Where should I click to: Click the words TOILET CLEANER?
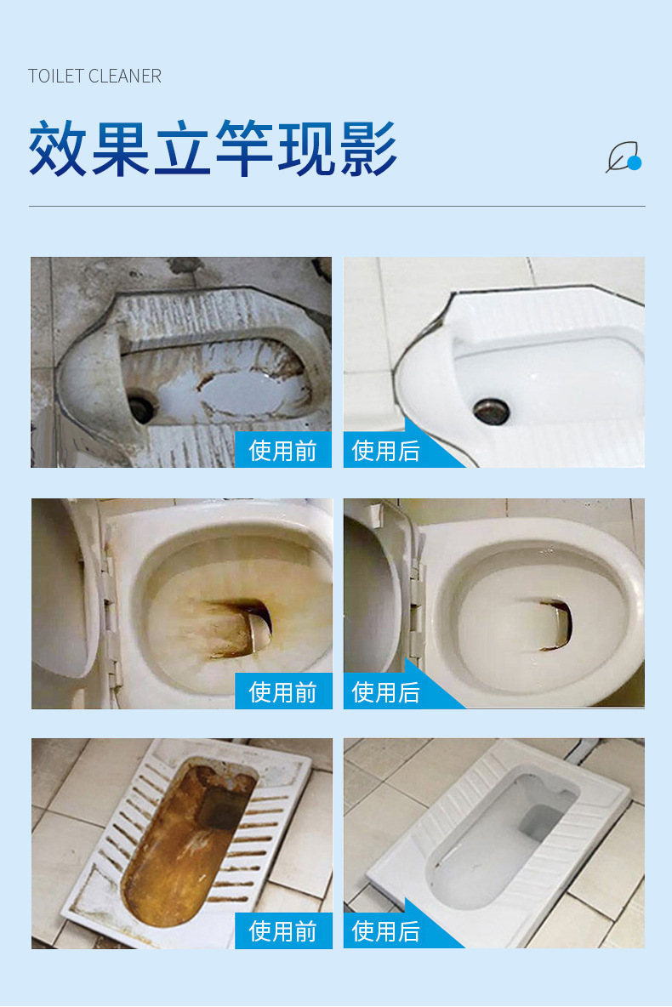point(94,77)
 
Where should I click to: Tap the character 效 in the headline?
point(60,150)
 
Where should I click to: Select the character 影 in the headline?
point(367,150)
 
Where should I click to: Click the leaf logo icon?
point(622,157)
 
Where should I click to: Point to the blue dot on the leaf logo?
point(634,162)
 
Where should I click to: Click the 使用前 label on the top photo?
point(282,450)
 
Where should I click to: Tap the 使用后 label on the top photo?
point(385,450)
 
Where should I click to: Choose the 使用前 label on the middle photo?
point(282,691)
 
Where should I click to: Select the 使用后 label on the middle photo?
point(385,691)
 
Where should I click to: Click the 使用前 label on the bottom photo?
point(282,930)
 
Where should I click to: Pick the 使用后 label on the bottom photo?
point(385,930)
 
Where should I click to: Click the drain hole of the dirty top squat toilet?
point(141,408)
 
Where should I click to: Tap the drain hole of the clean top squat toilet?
point(491,409)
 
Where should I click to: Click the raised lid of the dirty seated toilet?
point(60,587)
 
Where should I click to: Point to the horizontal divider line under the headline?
point(336,206)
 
